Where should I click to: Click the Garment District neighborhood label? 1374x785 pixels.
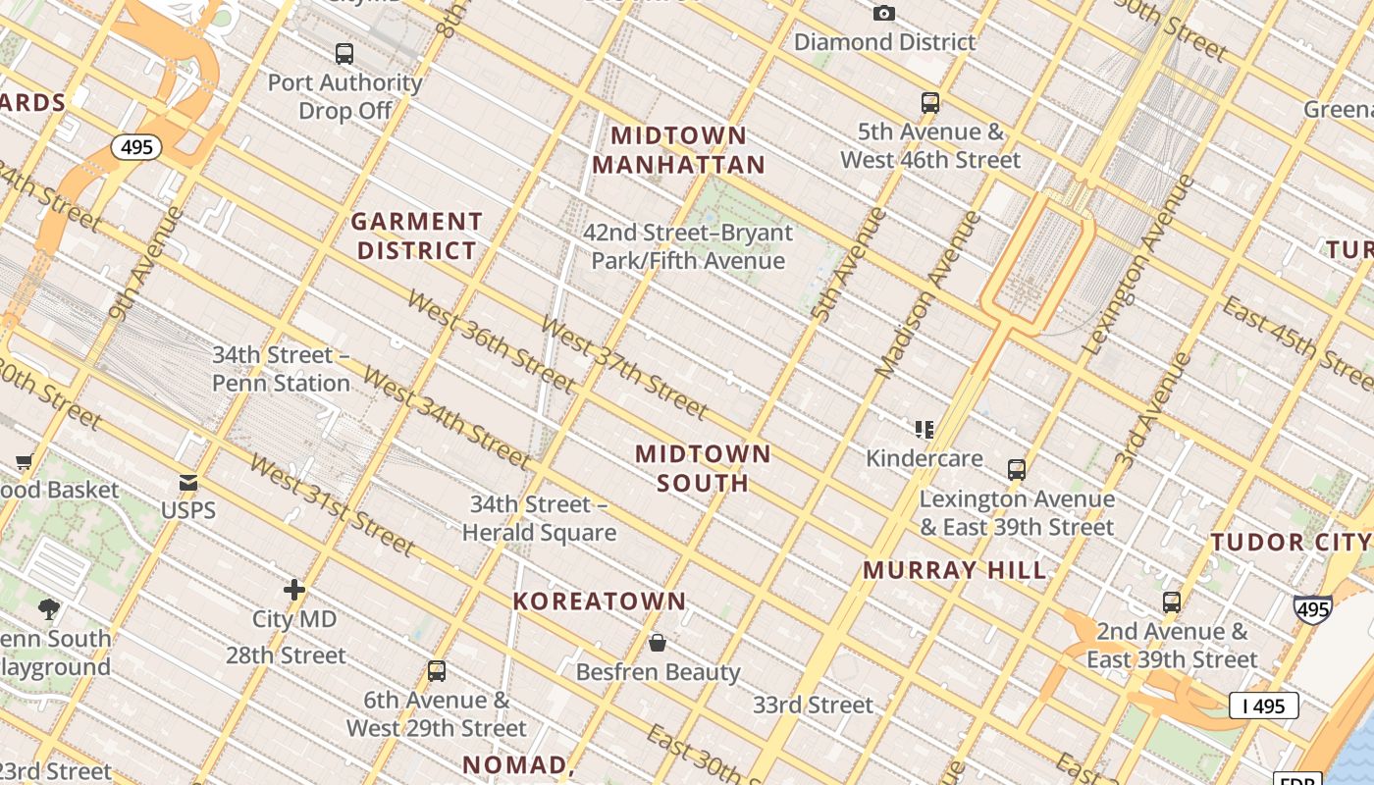pyautogui.click(x=417, y=236)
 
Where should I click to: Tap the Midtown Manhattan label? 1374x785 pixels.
pyautogui.click(x=678, y=150)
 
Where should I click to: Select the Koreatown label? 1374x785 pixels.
pyautogui.click(x=600, y=602)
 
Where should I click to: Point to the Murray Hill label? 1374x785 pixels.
pyautogui.click(x=955, y=570)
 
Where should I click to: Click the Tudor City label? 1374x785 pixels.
pyautogui.click(x=1290, y=543)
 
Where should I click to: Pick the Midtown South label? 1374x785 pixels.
pyautogui.click(x=703, y=468)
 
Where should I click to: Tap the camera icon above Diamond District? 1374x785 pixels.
pyautogui.click(x=884, y=13)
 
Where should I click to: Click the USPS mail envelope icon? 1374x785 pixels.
pyautogui.click(x=187, y=483)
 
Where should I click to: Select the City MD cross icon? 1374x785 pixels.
pyautogui.click(x=293, y=590)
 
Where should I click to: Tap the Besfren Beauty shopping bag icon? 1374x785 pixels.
pyautogui.click(x=658, y=644)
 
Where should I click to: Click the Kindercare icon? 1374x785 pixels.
pyautogui.click(x=924, y=430)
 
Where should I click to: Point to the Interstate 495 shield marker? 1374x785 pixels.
pyautogui.click(x=1312, y=609)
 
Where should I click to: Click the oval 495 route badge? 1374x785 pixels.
pyautogui.click(x=136, y=147)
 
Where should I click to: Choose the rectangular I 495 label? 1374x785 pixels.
pyautogui.click(x=1264, y=705)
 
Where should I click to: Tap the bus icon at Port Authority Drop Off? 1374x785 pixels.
pyautogui.click(x=343, y=54)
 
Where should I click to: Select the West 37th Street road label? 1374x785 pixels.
pyautogui.click(x=623, y=367)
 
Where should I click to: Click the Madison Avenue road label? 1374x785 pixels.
pyautogui.click(x=927, y=294)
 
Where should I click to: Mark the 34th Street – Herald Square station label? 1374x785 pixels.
pyautogui.click(x=539, y=518)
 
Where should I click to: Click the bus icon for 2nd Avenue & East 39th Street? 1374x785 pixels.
pyautogui.click(x=1171, y=602)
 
